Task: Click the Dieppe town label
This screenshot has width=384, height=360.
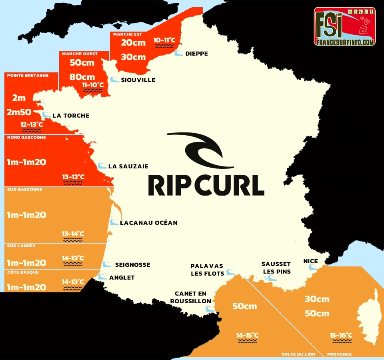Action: pyautogui.click(x=196, y=54)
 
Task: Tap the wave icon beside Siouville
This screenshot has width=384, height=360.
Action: pyautogui.click(x=114, y=80)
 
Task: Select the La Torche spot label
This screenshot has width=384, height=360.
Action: pyautogui.click(x=71, y=116)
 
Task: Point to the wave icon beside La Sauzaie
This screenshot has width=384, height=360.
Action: pyautogui.click(x=102, y=166)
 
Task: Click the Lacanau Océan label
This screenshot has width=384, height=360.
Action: pyautogui.click(x=148, y=222)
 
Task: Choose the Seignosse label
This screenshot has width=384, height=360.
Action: pyautogui.click(x=132, y=265)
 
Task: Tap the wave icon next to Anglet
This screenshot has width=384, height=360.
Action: pyautogui.click(x=102, y=277)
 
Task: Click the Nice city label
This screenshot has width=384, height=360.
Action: pyautogui.click(x=310, y=261)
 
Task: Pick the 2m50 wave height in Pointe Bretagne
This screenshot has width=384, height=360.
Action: pyautogui.click(x=19, y=112)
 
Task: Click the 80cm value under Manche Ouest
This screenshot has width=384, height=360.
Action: pyautogui.click(x=82, y=77)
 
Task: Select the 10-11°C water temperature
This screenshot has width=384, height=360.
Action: pyautogui.click(x=164, y=40)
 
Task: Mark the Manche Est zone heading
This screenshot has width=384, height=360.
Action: pyautogui.click(x=127, y=34)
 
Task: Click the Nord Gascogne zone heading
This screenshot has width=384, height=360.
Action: pyautogui.click(x=26, y=138)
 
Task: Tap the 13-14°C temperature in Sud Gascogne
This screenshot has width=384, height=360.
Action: pyautogui.click(x=73, y=234)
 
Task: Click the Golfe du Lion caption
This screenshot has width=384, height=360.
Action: pyautogui.click(x=298, y=354)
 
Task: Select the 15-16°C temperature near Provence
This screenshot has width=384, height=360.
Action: pyautogui.click(x=341, y=335)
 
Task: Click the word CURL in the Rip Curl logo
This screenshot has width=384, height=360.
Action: pyautogui.click(x=230, y=184)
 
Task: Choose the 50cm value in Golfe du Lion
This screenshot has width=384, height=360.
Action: pyautogui.click(x=245, y=306)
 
